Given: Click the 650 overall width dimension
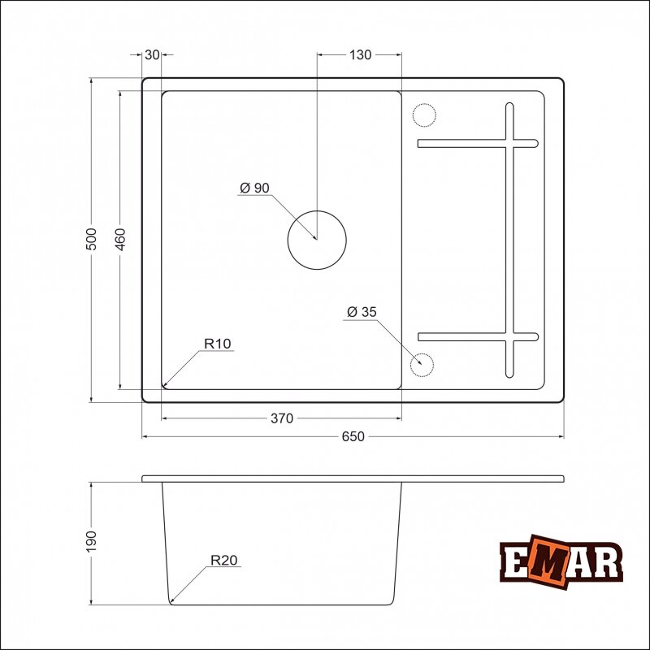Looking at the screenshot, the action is (x=353, y=436).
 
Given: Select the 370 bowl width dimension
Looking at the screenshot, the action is (x=282, y=418).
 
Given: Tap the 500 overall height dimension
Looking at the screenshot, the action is (x=91, y=239).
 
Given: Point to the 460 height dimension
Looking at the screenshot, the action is (x=120, y=239).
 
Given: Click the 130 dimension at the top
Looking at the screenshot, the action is (x=360, y=54).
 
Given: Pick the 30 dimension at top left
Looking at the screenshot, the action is (x=152, y=54).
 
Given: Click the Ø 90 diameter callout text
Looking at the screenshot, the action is (x=254, y=188).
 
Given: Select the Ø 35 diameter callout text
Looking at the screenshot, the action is (x=362, y=312).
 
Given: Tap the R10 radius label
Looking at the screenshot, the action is (x=217, y=344).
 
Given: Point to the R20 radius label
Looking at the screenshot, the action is (x=224, y=560).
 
